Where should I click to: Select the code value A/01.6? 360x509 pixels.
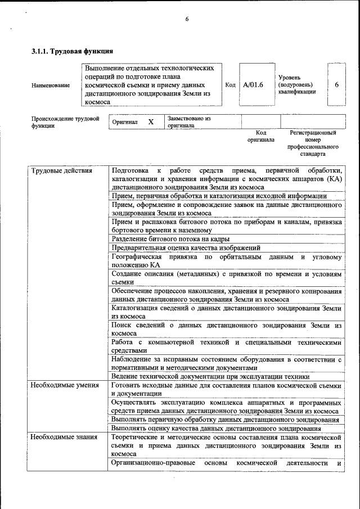(x=253, y=84)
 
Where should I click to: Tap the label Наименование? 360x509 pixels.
(x=51, y=85)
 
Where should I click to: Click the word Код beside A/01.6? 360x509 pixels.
(x=230, y=84)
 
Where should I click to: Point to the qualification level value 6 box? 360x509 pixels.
(x=336, y=84)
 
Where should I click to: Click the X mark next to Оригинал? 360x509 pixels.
(x=151, y=121)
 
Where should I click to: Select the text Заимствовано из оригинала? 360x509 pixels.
(x=188, y=122)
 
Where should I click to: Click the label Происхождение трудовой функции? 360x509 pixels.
(x=65, y=122)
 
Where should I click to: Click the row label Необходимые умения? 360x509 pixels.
(x=65, y=385)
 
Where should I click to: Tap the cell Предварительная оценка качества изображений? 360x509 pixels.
(x=186, y=247)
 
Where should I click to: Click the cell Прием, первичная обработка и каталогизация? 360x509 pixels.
(x=219, y=196)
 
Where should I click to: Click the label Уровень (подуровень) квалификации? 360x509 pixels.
(x=296, y=84)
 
